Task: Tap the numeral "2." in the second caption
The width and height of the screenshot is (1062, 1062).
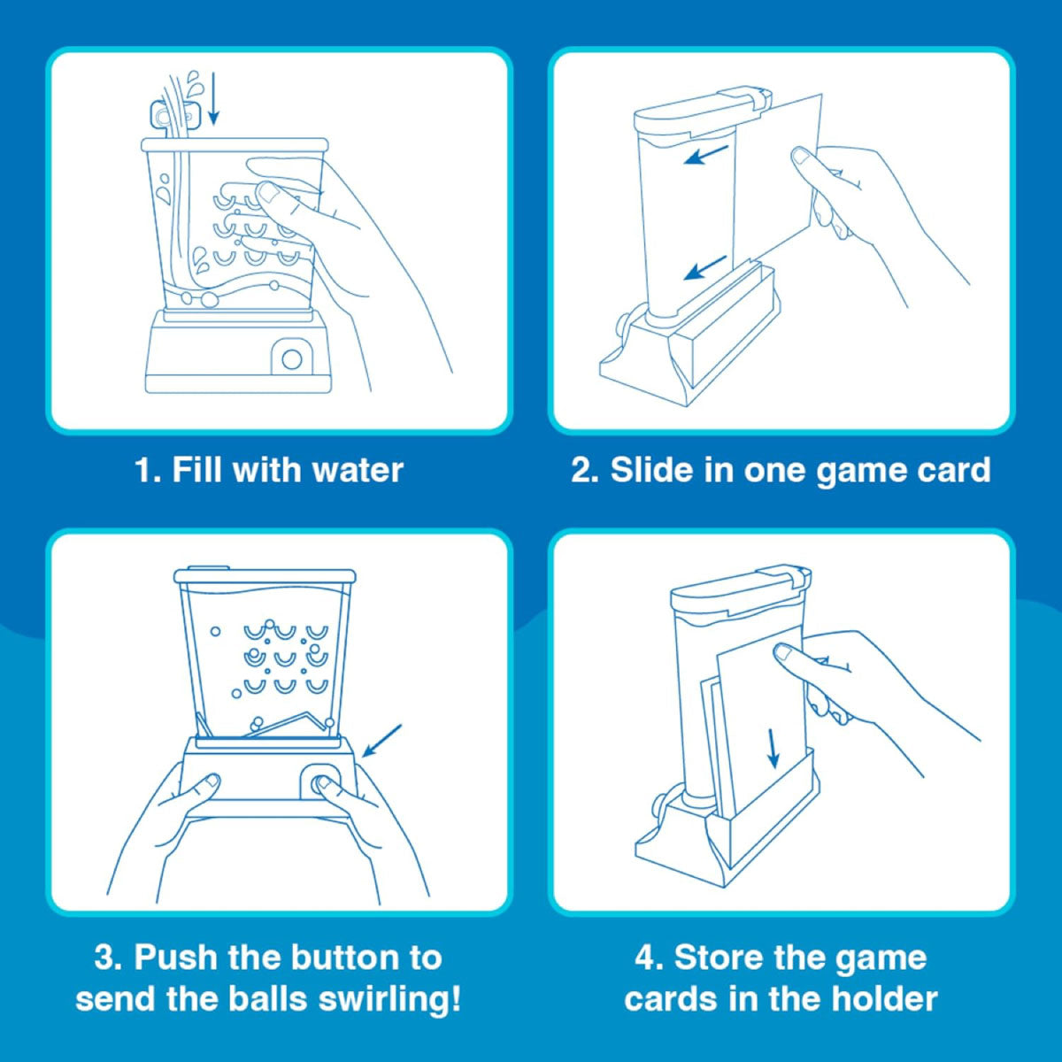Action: click(x=585, y=470)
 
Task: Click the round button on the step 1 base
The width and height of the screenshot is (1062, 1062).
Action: click(x=292, y=359)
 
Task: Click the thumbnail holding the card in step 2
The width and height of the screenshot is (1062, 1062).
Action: click(x=803, y=158)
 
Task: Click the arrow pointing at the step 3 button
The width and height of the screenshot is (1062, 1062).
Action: click(x=381, y=741)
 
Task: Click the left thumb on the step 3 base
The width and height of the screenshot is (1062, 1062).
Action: click(x=209, y=782)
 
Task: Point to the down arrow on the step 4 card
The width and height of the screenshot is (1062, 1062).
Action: click(x=773, y=749)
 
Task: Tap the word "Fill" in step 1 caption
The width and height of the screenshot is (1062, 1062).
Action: click(x=198, y=470)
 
